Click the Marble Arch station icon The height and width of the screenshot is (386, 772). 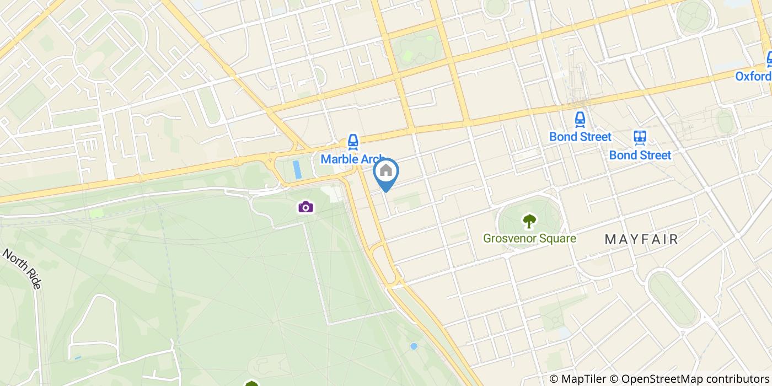353,142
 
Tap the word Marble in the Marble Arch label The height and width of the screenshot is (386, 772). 337,159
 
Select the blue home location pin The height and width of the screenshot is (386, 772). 386,172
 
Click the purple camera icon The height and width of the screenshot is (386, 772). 305,207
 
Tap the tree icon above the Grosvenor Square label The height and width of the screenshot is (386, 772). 529,222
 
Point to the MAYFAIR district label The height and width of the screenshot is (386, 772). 641,239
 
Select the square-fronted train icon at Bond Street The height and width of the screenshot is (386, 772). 640,137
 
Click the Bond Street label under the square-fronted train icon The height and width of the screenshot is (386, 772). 640,155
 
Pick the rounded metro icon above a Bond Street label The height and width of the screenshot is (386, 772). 580,119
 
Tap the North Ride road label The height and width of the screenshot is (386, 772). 22,269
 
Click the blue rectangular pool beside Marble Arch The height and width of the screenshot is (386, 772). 298,169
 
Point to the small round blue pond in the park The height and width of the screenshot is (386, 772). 414,346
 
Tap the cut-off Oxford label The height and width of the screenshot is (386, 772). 753,76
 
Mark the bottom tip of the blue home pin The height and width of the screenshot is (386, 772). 386,191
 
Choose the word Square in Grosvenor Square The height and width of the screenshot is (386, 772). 557,239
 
